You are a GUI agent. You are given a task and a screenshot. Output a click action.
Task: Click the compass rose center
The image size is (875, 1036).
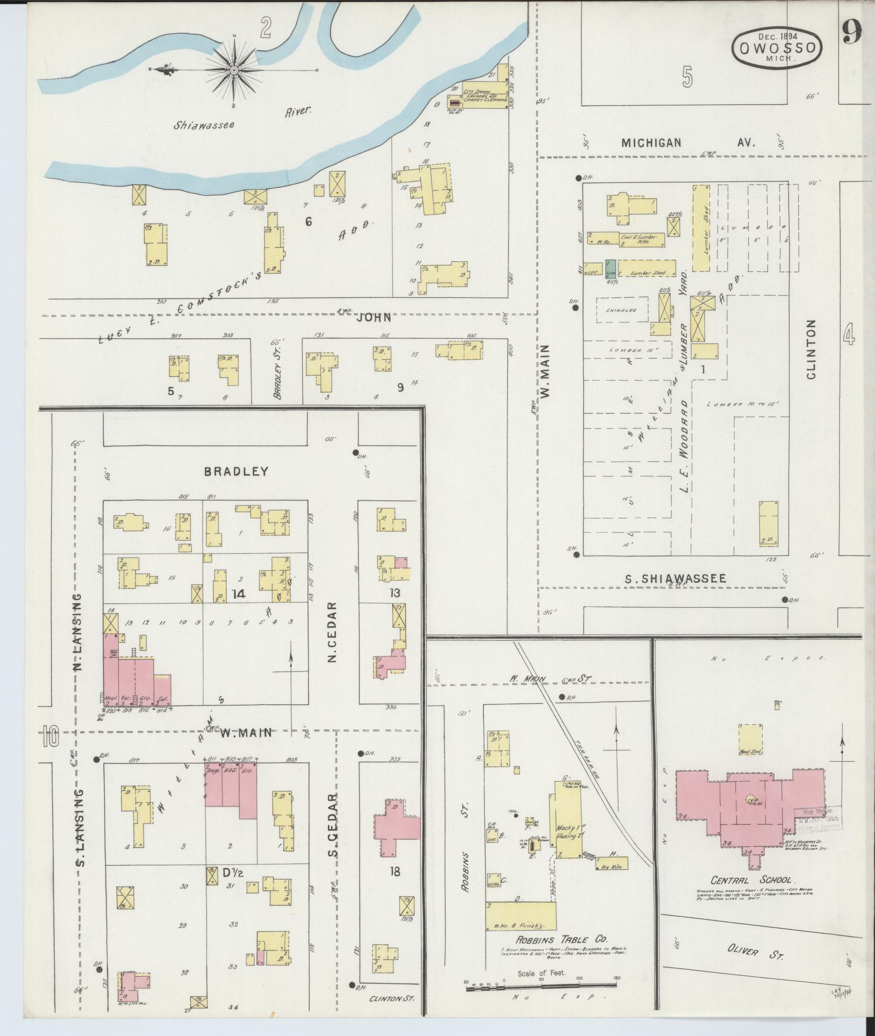[x=235, y=70]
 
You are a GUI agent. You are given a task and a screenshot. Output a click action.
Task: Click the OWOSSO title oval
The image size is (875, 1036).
[x=777, y=48]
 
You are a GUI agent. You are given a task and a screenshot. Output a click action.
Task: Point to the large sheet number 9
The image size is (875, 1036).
[x=852, y=33]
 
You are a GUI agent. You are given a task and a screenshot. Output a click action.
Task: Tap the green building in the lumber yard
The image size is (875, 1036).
[x=610, y=268]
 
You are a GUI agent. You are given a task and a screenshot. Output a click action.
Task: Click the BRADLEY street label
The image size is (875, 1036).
[x=236, y=471]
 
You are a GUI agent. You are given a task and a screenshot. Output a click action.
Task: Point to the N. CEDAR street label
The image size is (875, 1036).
[x=333, y=633]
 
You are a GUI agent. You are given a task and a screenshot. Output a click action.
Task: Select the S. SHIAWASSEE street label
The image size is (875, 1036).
[x=675, y=578]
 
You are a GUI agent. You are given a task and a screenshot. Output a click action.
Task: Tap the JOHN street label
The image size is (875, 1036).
[x=374, y=318]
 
